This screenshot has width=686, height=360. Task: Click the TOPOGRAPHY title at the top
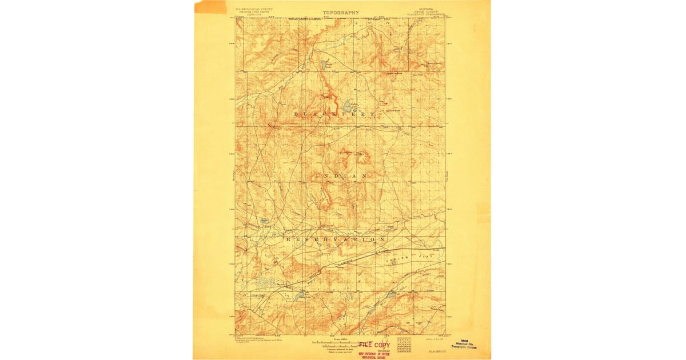pyautogui.click(x=341, y=13)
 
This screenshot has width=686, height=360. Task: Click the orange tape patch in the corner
pyautogui.click(x=210, y=7)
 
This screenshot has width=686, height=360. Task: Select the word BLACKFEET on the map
pyautogui.click(x=334, y=115)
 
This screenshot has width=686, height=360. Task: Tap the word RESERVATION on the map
pyautogui.click(x=336, y=238)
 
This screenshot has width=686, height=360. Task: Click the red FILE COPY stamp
pyautogui.click(x=374, y=345)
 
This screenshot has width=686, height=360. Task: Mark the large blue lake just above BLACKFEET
pyautogui.click(x=347, y=106)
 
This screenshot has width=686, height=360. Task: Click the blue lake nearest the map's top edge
pyautogui.click(x=324, y=65)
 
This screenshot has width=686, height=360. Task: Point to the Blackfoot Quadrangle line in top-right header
pyautogui.click(x=428, y=16)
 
